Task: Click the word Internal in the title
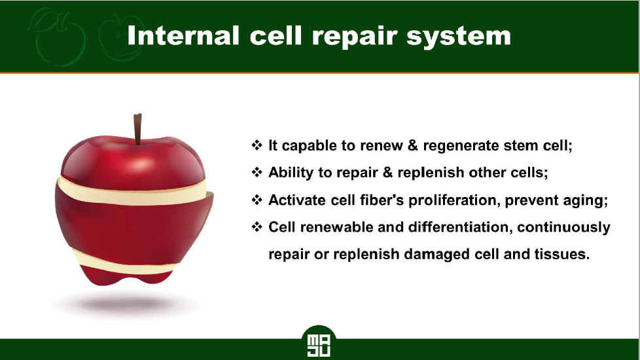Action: (x=183, y=35)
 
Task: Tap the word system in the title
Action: (x=458, y=37)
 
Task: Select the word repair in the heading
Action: (x=354, y=37)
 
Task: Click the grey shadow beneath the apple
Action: (x=124, y=304)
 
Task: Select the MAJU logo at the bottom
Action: (x=319, y=343)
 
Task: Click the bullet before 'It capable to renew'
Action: (x=257, y=145)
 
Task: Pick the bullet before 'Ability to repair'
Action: (x=257, y=172)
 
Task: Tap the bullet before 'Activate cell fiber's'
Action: (x=257, y=200)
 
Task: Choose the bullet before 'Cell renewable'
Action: (x=257, y=226)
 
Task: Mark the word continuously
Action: (x=563, y=228)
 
